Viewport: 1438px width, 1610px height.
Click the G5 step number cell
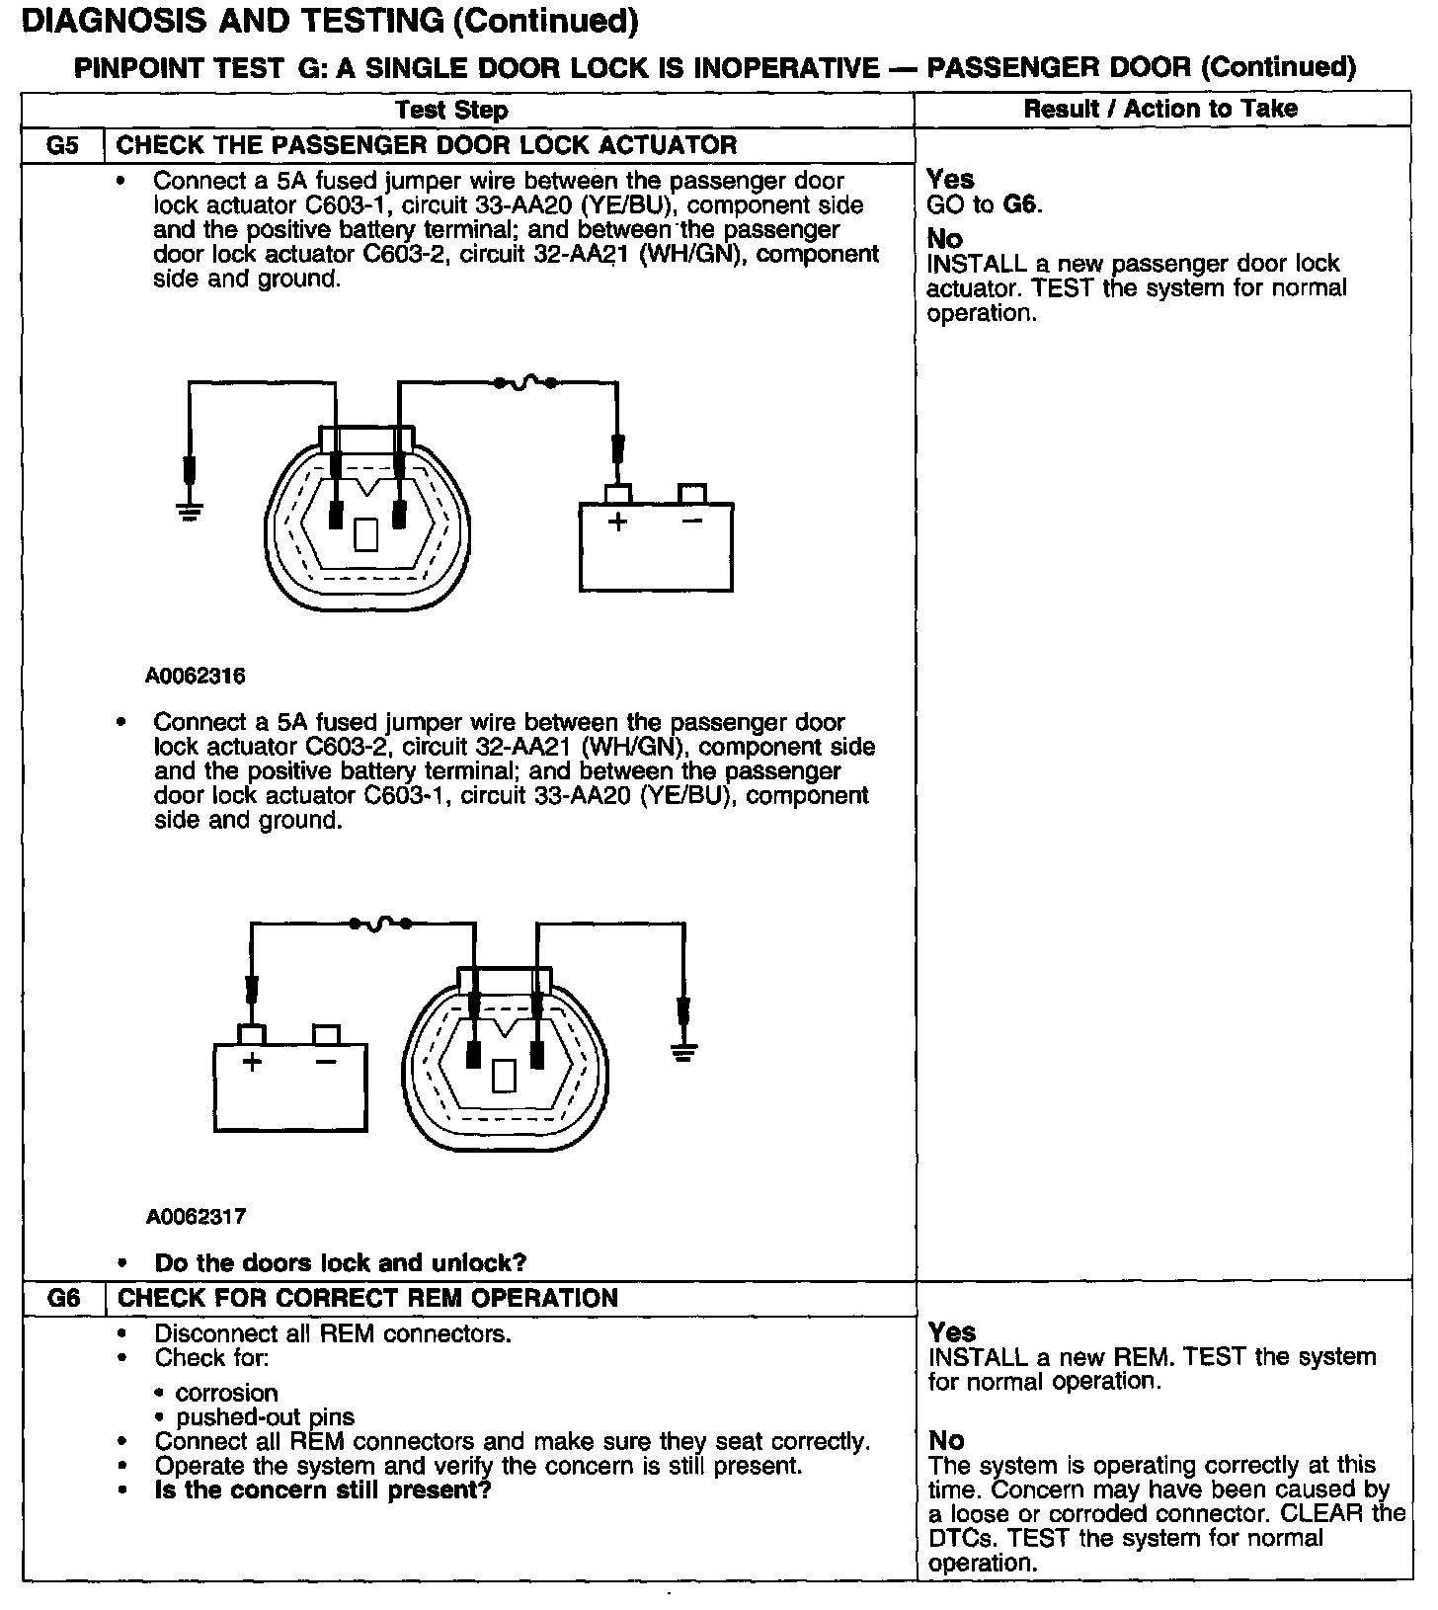[x=62, y=145]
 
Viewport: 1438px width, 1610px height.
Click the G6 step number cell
[x=63, y=1298]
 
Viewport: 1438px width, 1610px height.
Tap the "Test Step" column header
[x=451, y=110]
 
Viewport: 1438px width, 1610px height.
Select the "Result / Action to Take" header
[x=1160, y=109]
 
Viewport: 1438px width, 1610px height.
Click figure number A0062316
[x=196, y=677]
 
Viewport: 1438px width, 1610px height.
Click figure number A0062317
[x=196, y=1217]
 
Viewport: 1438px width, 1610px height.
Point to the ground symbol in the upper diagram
[x=189, y=510]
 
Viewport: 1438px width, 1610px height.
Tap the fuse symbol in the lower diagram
[x=380, y=924]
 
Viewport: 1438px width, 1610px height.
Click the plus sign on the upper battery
[x=618, y=522]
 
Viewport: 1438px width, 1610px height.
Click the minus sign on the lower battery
[x=326, y=1062]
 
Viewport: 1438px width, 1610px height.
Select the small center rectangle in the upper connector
[x=365, y=534]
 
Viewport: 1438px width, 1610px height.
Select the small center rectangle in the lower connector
[x=504, y=1076]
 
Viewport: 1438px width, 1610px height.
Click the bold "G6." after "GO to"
[x=1023, y=204]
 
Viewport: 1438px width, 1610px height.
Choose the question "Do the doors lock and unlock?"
[x=341, y=1263]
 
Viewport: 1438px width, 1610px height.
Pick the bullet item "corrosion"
[x=226, y=1393]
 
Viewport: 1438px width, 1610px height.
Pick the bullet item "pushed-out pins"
[x=265, y=1417]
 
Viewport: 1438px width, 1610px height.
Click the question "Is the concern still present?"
[x=323, y=1489]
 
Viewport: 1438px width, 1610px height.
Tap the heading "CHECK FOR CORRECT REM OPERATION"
[x=367, y=1298]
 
